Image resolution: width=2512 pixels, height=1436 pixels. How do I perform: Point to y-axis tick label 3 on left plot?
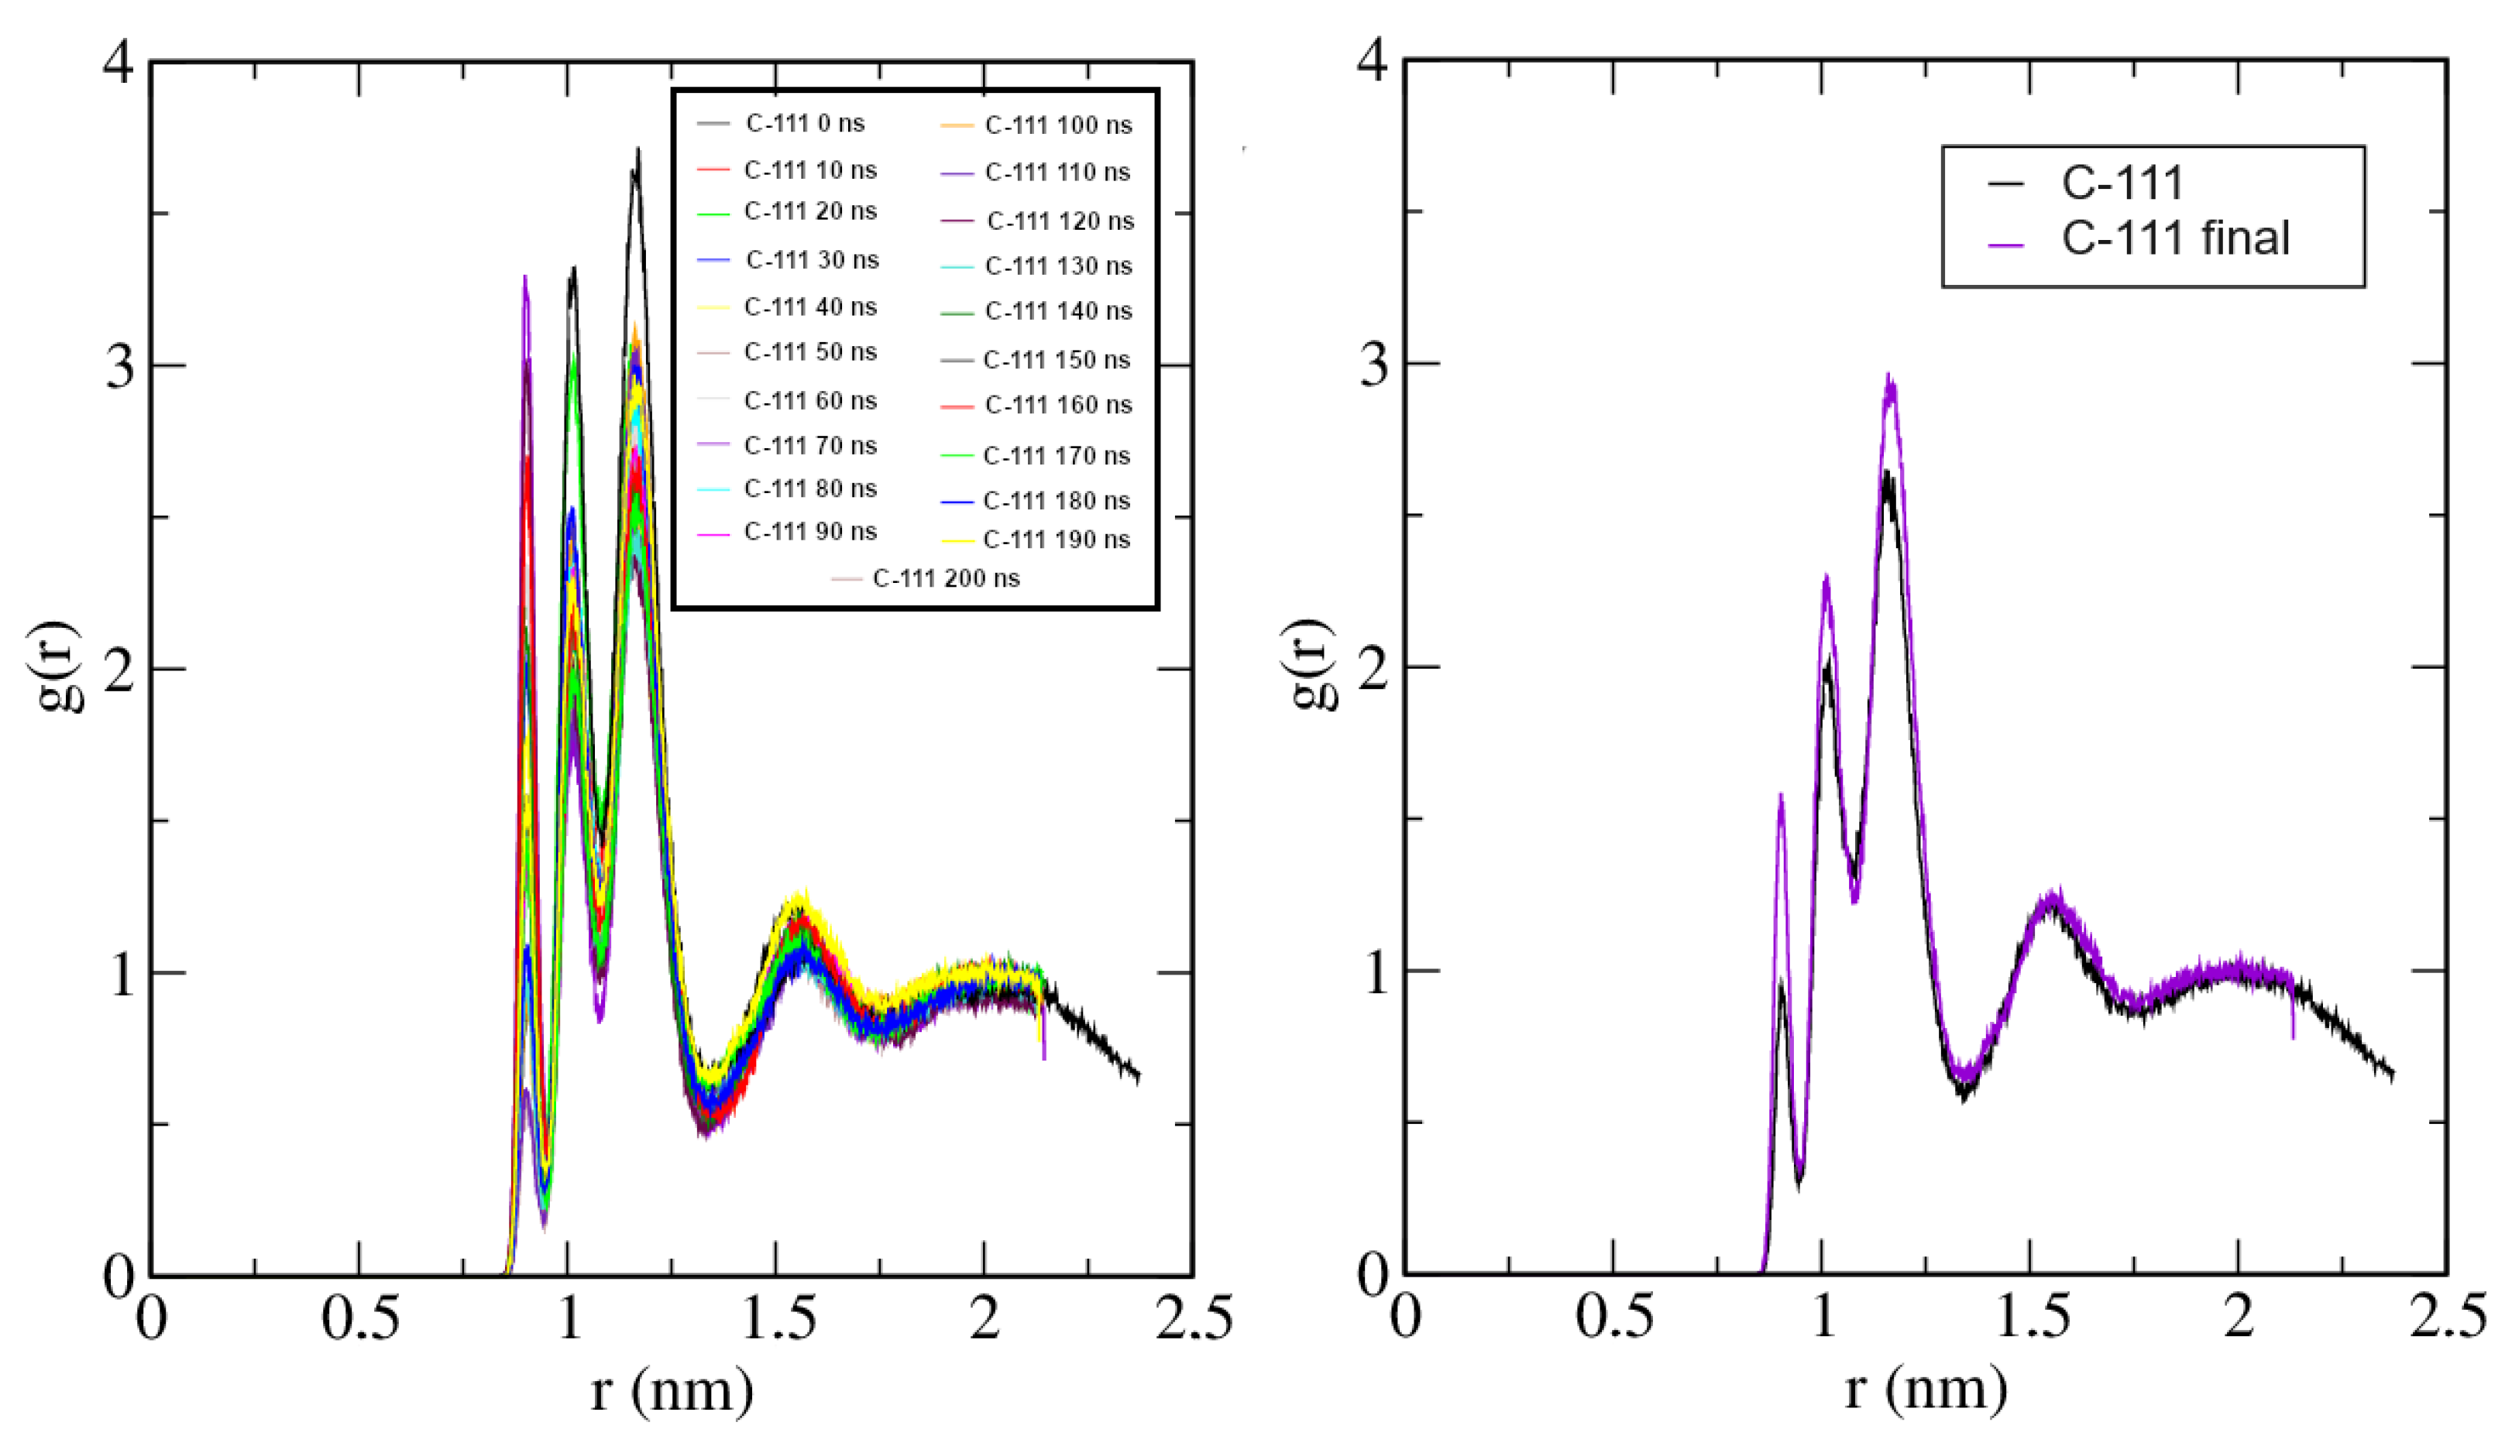coord(119,367)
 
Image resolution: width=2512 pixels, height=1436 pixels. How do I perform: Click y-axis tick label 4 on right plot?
coord(1373,61)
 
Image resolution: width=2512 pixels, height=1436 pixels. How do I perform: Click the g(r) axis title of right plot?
coord(1311,665)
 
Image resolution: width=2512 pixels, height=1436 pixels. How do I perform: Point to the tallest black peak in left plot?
coord(638,150)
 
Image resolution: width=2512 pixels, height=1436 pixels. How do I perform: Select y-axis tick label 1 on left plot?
coord(120,975)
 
